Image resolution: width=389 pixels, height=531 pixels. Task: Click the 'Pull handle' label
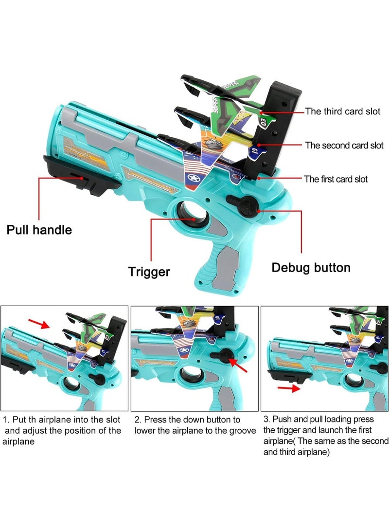pos(39,229)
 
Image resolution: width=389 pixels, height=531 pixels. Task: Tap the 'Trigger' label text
pos(149,272)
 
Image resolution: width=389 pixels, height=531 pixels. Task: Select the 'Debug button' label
pos(311,267)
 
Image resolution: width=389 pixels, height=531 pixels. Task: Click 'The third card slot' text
pos(342,111)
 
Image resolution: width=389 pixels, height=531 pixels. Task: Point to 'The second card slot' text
pos(344,145)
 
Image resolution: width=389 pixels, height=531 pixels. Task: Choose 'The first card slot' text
pos(336,179)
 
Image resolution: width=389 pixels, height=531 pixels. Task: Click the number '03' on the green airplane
pos(264,119)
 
